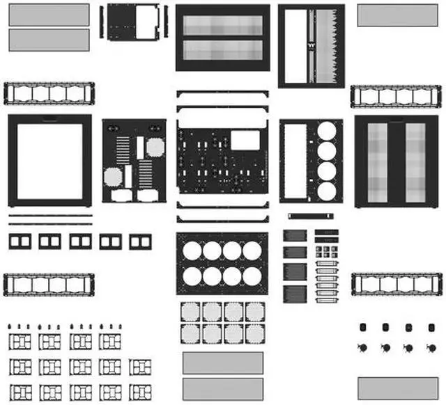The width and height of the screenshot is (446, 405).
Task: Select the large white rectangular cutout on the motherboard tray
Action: pyautogui.click(x=244, y=140)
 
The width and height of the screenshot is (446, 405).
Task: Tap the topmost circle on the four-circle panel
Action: pyautogui.click(x=326, y=132)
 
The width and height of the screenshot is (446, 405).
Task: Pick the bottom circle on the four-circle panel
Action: pyautogui.click(x=326, y=189)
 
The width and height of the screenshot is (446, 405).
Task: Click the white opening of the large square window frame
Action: pyautogui.click(x=49, y=161)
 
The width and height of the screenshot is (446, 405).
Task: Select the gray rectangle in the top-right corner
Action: pyautogui.click(x=398, y=15)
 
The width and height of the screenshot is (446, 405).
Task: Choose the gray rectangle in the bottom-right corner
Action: pyautogui.click(x=398, y=388)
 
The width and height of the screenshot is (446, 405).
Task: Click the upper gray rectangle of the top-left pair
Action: pyautogui.click(x=49, y=15)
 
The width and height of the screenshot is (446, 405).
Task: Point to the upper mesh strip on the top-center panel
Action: pyautogui.click(x=223, y=25)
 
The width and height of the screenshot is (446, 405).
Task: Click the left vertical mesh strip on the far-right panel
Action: pyautogui.click(x=377, y=161)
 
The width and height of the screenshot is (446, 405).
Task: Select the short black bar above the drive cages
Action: pyautogui.click(x=310, y=216)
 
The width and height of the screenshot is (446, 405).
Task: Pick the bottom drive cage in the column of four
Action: pyautogui.click(x=295, y=294)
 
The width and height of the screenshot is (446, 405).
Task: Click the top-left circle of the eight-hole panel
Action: pyautogui.click(x=192, y=251)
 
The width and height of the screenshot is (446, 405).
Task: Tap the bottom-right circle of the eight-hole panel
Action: pyautogui.click(x=252, y=276)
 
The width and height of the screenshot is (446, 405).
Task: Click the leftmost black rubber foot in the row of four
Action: pyautogui.click(x=363, y=327)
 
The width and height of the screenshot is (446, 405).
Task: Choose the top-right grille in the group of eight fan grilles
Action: pyautogui.click(x=254, y=312)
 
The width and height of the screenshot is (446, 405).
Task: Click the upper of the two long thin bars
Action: pyautogui.click(x=50, y=216)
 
